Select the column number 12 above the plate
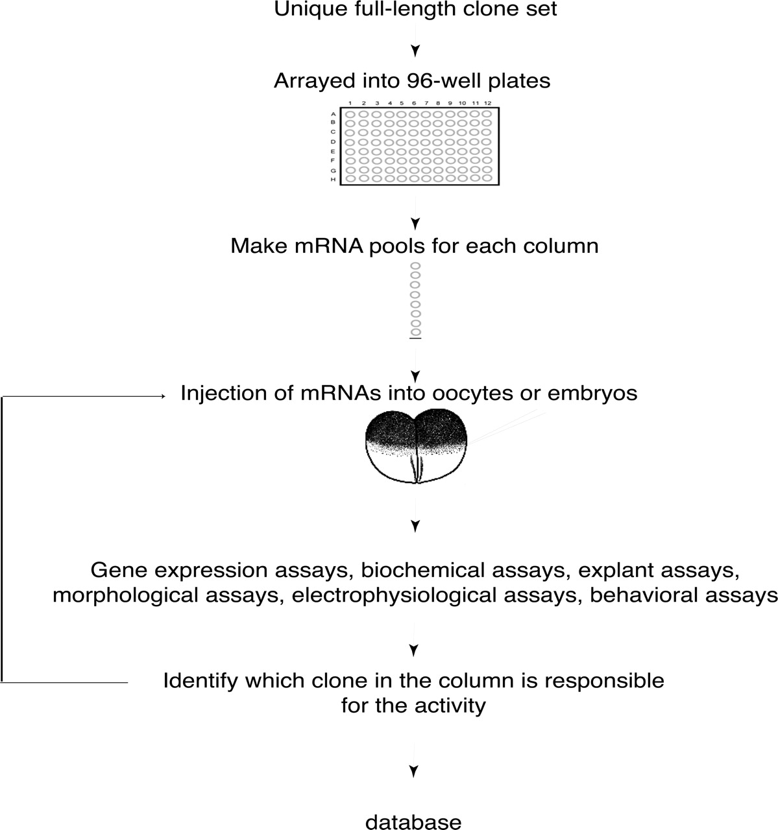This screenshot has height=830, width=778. (487, 103)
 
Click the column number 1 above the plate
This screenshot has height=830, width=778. (350, 103)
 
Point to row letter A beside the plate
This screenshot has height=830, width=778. (333, 114)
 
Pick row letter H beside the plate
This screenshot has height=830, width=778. (333, 179)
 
